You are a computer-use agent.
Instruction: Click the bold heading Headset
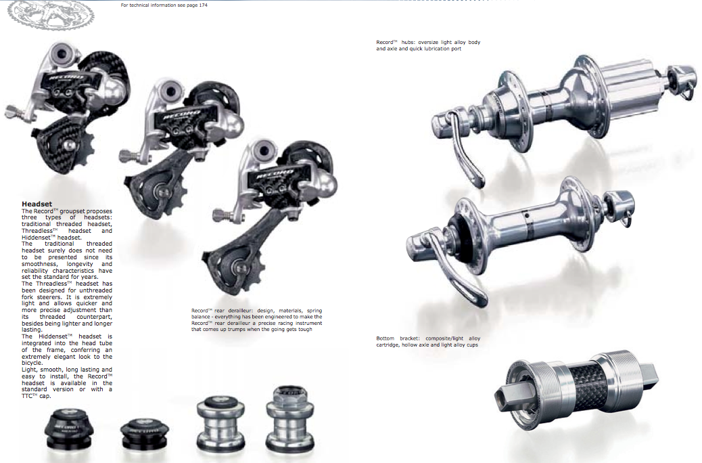[37, 204]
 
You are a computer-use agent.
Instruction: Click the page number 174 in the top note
[203, 5]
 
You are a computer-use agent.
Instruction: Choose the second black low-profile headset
[144, 434]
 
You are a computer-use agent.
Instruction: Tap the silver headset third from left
[220, 422]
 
